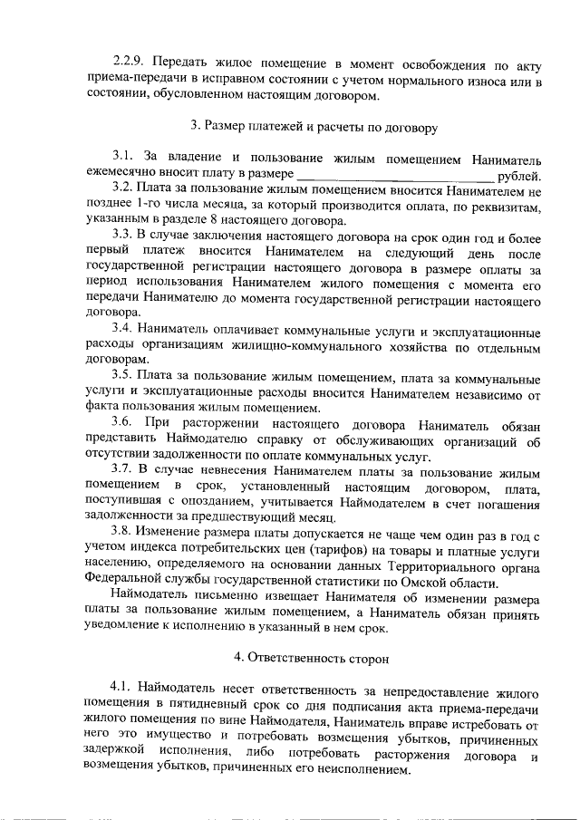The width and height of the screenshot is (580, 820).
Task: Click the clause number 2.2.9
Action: (130, 67)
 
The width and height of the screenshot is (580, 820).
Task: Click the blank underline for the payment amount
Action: (394, 175)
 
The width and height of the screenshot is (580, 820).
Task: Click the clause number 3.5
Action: (123, 374)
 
